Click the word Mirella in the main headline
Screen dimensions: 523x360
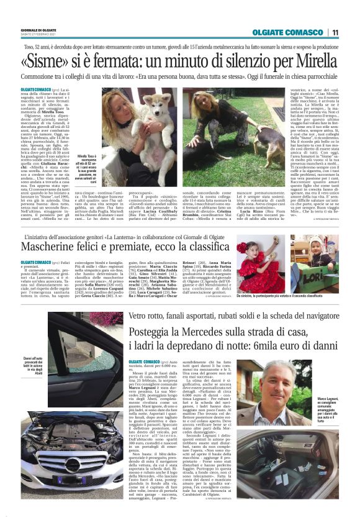point(317,62)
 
